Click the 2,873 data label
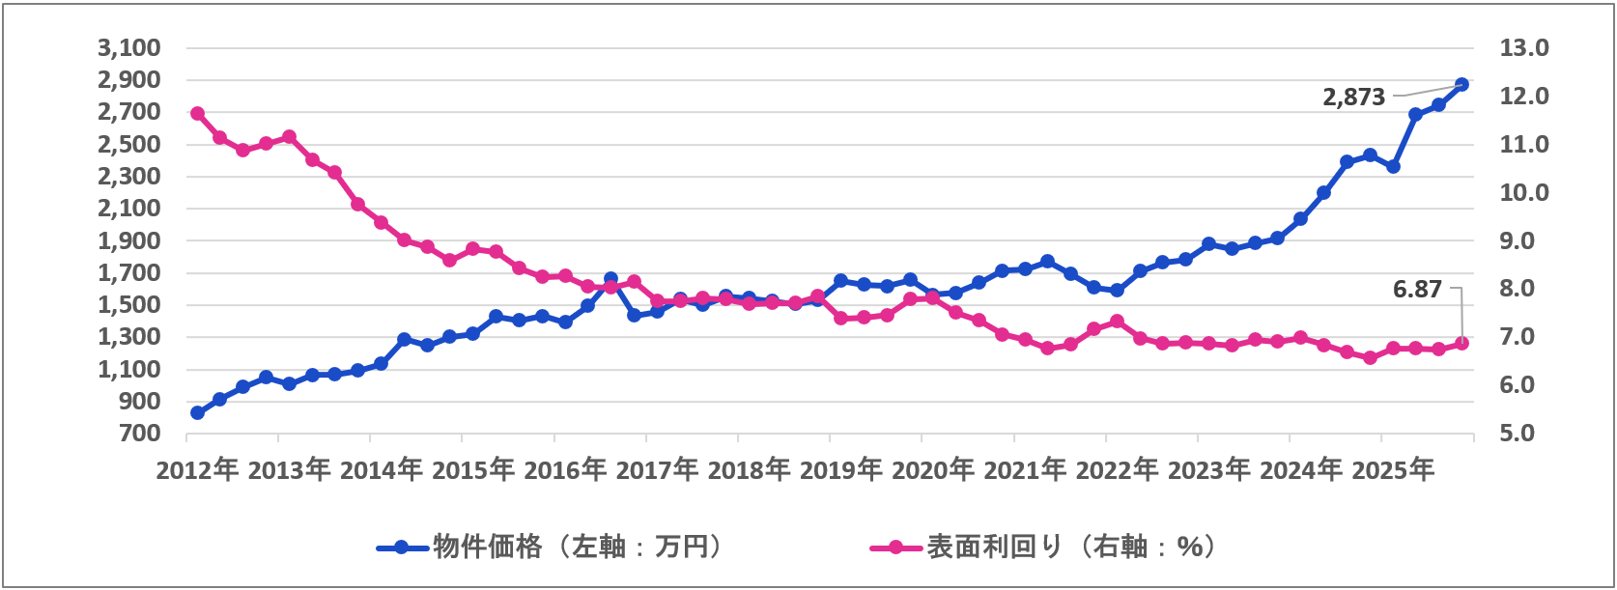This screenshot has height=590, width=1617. tap(1353, 97)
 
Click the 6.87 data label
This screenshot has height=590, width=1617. tap(1417, 289)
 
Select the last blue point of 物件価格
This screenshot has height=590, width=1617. tap(1461, 84)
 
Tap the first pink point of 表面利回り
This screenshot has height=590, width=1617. tap(197, 114)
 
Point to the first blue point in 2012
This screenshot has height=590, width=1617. tap(197, 412)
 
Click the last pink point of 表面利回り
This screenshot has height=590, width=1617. tap(1461, 343)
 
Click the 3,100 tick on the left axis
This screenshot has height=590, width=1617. tap(128, 47)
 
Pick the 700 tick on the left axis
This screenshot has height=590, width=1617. tap(140, 433)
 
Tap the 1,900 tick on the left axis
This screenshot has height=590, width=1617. tap(128, 240)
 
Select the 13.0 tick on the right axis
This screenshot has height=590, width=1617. tap(1523, 47)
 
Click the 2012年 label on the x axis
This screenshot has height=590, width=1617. tap(197, 470)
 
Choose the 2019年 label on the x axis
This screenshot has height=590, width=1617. tap(841, 470)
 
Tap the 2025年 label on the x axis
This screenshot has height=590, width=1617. tap(1393, 470)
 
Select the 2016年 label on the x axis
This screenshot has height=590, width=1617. tap(565, 470)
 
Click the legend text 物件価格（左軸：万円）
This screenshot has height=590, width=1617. tap(578, 547)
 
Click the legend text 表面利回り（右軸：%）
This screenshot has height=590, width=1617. tap(1071, 547)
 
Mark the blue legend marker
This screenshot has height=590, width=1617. tap(403, 548)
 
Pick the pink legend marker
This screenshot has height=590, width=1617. tap(896, 548)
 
